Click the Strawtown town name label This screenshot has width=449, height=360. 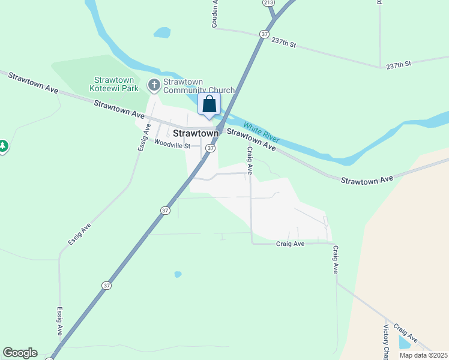point(195,133)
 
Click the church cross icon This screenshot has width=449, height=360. point(154,85)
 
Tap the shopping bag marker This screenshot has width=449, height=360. point(209,104)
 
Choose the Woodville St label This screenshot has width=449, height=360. point(172,145)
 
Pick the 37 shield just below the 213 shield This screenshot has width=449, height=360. point(265,34)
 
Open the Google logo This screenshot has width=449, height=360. point(20,353)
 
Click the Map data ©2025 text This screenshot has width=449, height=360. point(423,355)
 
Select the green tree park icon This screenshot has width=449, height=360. point(3,146)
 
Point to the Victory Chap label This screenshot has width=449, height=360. point(386,343)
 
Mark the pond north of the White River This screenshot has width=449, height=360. point(162,32)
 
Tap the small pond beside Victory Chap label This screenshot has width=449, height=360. point(405,341)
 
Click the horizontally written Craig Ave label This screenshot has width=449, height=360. point(291,244)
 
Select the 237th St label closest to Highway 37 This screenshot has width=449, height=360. point(285,44)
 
